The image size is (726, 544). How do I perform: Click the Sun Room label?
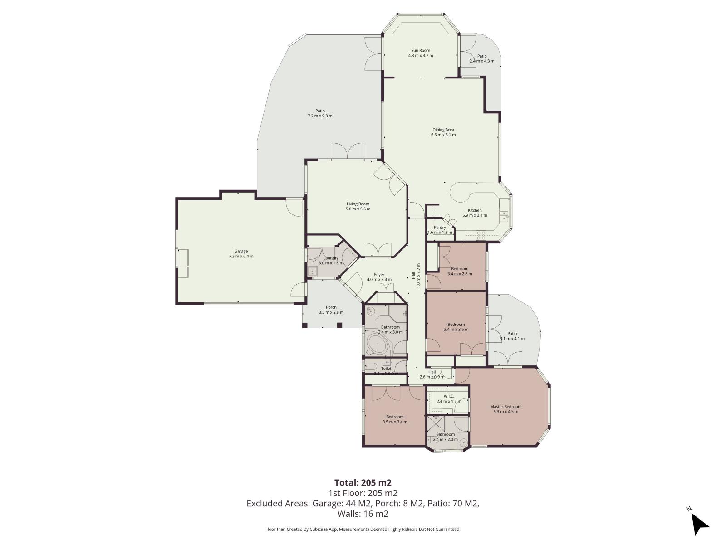[x=420, y=50]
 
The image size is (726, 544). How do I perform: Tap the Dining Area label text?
[x=443, y=130]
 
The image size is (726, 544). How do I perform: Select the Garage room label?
[x=241, y=251]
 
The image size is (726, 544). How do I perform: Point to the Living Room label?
[x=358, y=204]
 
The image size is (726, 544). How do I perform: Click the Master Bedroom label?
[x=505, y=407]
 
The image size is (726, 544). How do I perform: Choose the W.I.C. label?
[x=448, y=396]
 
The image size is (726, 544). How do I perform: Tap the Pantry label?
[x=440, y=228]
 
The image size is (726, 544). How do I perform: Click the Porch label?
[x=331, y=307]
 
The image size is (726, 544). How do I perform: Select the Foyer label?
[x=379, y=275]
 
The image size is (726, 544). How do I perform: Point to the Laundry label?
[x=331, y=258]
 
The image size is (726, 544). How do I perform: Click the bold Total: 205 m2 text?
[x=363, y=482]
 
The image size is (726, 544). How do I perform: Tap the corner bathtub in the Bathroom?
[x=378, y=345]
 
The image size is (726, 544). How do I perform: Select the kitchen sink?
[x=504, y=216]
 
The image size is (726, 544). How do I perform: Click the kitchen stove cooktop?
[x=481, y=235]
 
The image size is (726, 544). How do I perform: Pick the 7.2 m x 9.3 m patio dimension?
[x=320, y=116]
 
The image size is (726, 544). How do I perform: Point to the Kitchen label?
[x=475, y=210]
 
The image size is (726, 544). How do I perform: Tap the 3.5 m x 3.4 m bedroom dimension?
[x=395, y=422]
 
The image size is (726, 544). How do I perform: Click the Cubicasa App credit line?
[x=363, y=529]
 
